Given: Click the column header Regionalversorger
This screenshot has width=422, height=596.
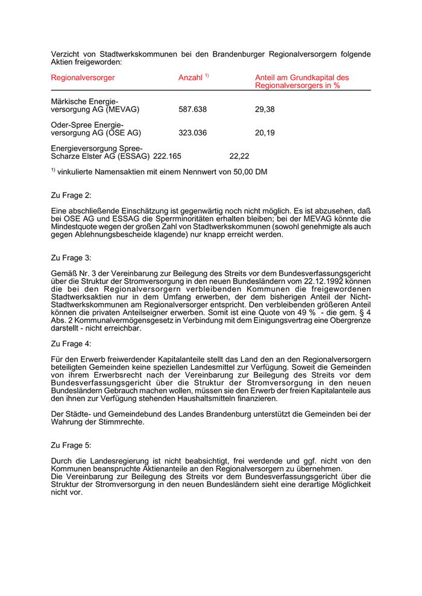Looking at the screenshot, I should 83,78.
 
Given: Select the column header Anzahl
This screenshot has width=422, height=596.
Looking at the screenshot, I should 191,78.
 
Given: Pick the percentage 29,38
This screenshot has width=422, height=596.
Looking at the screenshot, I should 265,110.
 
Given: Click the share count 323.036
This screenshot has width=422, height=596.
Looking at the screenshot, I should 193,133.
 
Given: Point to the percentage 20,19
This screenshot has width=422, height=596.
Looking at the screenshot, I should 265,133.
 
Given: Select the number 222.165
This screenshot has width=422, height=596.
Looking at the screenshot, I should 168,157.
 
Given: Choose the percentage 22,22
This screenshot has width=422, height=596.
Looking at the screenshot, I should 239,157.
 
